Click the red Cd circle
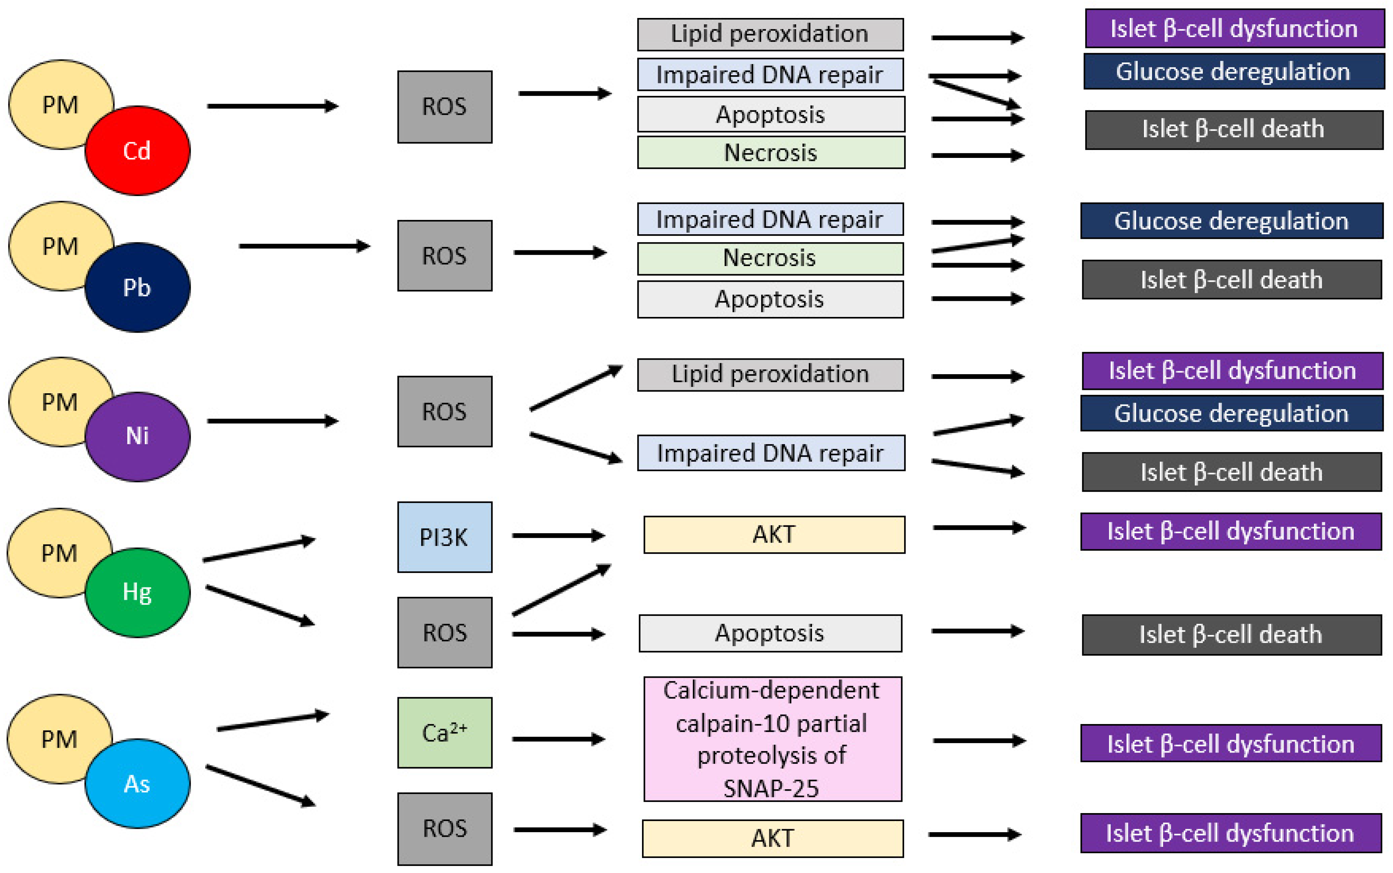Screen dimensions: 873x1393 click(x=137, y=151)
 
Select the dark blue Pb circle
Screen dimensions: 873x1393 click(x=137, y=287)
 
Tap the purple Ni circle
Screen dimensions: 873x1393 click(x=137, y=436)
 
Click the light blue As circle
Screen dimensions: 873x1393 click(x=137, y=784)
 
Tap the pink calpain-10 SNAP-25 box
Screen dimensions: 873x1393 click(x=772, y=739)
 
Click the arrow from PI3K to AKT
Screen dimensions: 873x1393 click(x=558, y=536)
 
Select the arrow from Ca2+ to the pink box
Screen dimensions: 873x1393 click(x=558, y=739)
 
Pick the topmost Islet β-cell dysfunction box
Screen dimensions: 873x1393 click(x=1235, y=28)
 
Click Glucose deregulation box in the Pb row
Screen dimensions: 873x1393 click(x=1231, y=220)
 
